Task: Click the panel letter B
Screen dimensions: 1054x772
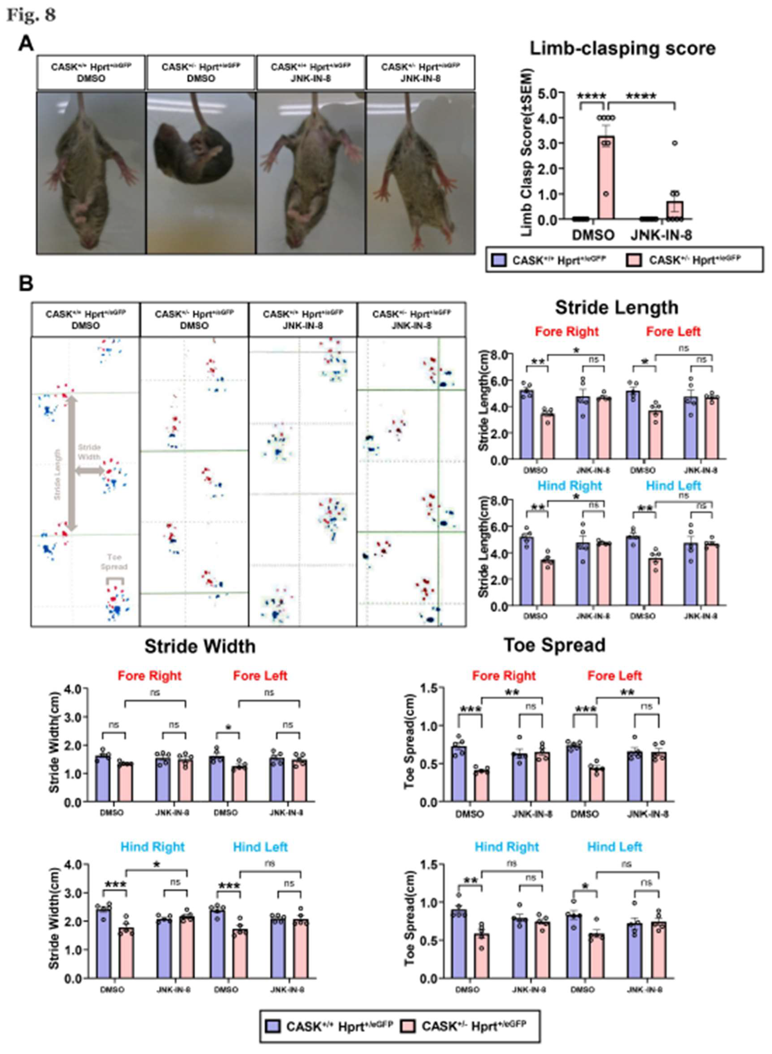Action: point(26,284)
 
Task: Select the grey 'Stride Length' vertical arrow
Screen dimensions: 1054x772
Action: point(71,465)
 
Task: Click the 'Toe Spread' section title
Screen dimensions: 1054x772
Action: point(554,645)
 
